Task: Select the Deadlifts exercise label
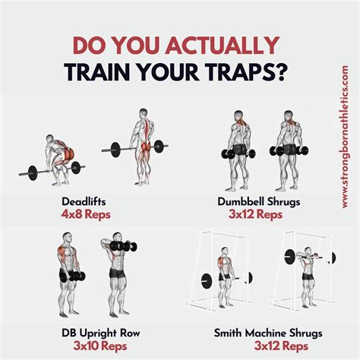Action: [x=84, y=202]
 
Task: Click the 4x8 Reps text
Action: [x=86, y=215]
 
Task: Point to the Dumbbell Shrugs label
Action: [x=259, y=202]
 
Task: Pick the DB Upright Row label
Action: [x=101, y=333]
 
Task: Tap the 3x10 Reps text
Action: [x=100, y=346]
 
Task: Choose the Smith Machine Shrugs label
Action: [x=268, y=333]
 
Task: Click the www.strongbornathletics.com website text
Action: [x=345, y=137]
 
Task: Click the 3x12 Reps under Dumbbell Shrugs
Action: [x=255, y=215]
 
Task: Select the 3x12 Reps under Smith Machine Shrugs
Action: [x=281, y=346]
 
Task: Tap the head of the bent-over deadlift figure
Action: [x=50, y=138]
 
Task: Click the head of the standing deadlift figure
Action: [x=144, y=113]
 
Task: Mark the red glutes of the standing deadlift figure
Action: [x=145, y=147]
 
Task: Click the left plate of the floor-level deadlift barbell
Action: [x=33, y=173]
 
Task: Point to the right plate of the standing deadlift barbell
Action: [x=159, y=147]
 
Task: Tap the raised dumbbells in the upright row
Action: [x=124, y=246]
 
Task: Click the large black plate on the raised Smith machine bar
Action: [x=289, y=257]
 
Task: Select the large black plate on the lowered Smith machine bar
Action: [x=207, y=281]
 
